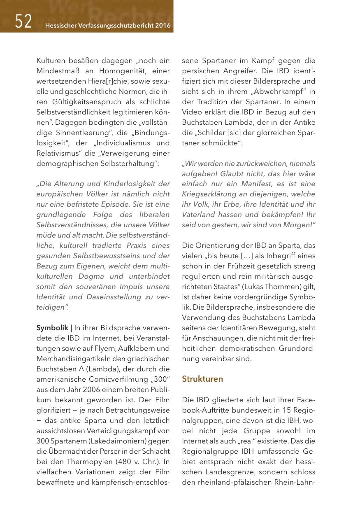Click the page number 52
pos(23,21)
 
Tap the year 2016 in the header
pos(163,26)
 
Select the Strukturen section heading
pos(202,379)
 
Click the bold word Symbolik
pos(52,328)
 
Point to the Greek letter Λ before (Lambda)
pos(82,369)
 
